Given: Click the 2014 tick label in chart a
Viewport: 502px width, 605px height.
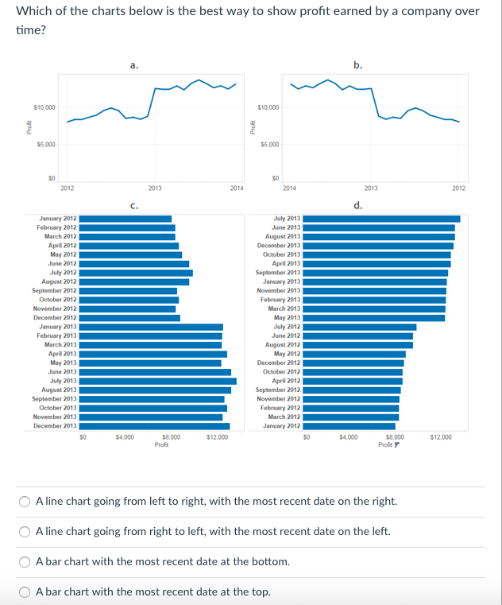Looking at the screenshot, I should coord(236,188).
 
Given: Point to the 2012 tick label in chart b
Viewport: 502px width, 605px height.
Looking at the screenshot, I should coord(458,188).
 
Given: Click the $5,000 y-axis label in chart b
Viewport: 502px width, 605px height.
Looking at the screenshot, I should coord(269,144).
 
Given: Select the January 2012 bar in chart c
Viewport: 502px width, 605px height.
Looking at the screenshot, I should coord(125,219).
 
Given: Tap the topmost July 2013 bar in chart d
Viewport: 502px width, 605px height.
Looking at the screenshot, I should coord(381,219).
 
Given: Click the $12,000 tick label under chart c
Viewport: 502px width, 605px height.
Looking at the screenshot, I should coord(218,437).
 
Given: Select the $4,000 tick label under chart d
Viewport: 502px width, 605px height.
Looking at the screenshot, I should coord(349,437).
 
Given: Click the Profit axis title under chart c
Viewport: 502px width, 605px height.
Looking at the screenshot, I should coord(161,444).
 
